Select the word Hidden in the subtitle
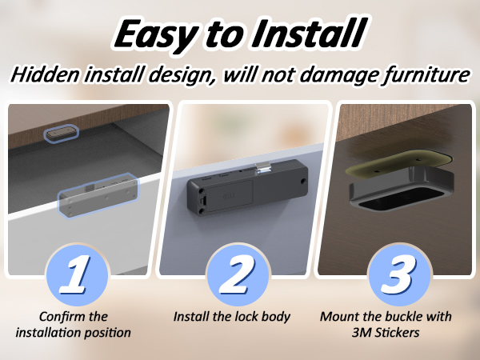tap(45, 74)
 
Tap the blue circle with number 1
tap(77, 274)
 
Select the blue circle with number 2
tap(238, 274)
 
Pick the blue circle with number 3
tap(399, 274)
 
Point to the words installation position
tap(73, 333)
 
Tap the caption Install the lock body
tap(232, 317)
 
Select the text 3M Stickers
tap(386, 333)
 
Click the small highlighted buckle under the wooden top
tap(61, 134)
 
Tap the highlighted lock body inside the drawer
tap(98, 195)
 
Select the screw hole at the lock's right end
tap(302, 182)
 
